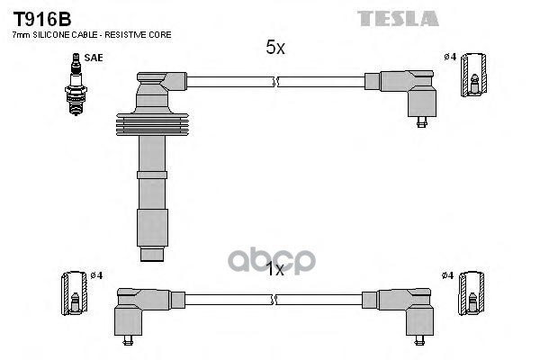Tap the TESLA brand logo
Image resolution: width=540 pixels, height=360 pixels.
[399, 18]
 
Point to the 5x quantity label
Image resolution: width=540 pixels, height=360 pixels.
[275, 49]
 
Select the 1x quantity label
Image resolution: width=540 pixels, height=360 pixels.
[275, 268]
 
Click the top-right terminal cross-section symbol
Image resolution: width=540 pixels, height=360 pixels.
[472, 75]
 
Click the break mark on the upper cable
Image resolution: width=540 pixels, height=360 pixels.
[275, 82]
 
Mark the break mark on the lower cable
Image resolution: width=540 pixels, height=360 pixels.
[275, 298]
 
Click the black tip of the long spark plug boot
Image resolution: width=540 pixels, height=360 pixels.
[154, 254]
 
